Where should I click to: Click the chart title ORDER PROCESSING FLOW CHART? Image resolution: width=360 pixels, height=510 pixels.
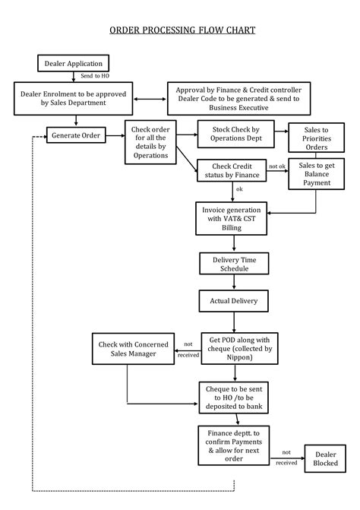point(182,30)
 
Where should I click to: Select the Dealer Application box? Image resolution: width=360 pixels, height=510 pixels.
point(74,63)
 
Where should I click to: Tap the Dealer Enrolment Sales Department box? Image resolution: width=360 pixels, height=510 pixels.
point(76,98)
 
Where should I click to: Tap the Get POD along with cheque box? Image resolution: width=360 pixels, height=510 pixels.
point(234,348)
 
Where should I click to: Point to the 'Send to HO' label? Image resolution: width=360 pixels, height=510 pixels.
point(95,78)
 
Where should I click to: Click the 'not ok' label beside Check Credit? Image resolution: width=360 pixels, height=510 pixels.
point(277,166)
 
